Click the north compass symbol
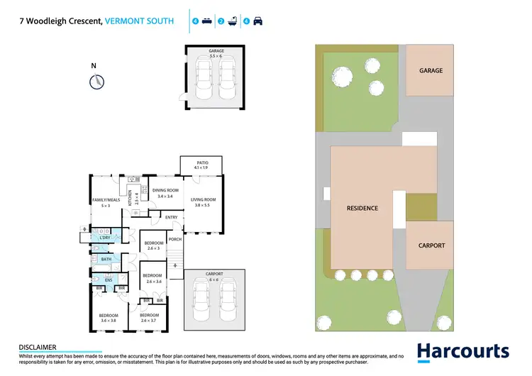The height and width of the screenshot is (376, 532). click(94, 82)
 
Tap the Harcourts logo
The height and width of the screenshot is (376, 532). click(462, 351)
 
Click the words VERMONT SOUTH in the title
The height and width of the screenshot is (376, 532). click(139, 21)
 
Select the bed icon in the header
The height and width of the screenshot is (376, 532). click(206, 21)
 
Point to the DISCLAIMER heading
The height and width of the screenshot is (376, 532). click(37, 347)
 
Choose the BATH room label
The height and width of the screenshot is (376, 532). click(106, 260)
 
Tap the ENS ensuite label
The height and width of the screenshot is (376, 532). click(108, 280)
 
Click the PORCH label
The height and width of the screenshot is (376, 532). click(175, 239)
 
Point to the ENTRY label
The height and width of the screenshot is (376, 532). click(171, 217)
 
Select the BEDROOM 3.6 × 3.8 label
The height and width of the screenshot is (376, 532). click(108, 316)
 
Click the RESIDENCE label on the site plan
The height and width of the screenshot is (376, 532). click(362, 209)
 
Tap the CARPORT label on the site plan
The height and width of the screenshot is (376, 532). click(431, 245)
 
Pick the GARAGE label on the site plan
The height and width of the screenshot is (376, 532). click(431, 71)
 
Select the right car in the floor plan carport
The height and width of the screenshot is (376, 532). click(227, 303)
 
